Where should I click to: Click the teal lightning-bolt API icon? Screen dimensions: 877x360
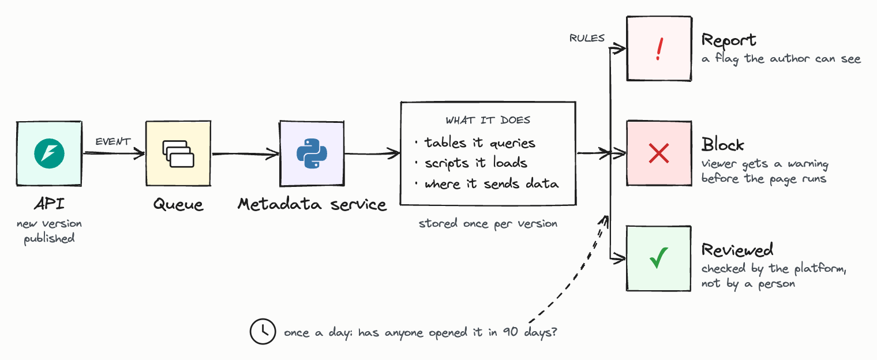coord(49,153)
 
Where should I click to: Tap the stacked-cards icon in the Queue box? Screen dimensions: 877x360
coord(178,154)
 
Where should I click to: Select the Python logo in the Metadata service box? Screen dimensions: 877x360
coord(312,153)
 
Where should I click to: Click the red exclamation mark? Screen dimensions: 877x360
coord(659,49)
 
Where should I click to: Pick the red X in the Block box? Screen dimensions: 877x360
coord(659,153)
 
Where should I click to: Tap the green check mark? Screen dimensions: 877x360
coord(659,258)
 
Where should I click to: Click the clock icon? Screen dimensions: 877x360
coord(263,331)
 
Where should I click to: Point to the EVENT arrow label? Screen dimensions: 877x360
coord(113,141)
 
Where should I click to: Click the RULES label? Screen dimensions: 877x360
coord(587,38)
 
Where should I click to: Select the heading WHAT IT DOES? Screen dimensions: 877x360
coord(488,120)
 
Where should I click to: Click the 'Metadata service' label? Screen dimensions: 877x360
coord(312,204)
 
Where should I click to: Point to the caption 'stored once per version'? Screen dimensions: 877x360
coord(488,224)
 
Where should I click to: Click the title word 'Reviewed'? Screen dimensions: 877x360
coord(737,250)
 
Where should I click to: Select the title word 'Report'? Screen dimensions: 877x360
coord(729,40)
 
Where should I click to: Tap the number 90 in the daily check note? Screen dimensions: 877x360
coord(511,332)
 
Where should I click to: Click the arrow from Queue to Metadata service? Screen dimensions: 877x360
coord(245,154)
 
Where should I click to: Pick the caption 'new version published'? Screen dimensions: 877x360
coord(50,231)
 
